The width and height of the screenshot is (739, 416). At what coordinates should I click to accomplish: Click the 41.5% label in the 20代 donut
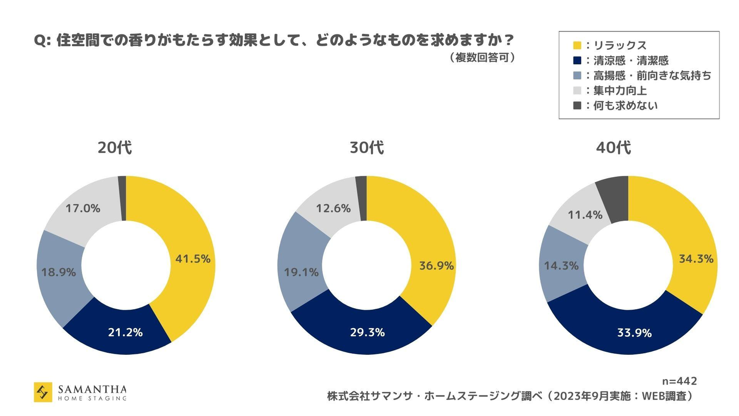pos(193,259)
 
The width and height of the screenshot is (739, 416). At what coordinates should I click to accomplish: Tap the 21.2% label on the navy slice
pos(125,332)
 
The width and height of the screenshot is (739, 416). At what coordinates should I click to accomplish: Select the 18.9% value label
pos(59,272)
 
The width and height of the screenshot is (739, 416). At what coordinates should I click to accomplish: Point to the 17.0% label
pos(83,208)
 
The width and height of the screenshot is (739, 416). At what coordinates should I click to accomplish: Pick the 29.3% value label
pos(367,332)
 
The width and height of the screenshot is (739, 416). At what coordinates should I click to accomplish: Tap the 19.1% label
pos(301,272)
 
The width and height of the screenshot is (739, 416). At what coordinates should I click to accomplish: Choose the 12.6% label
pos(334,208)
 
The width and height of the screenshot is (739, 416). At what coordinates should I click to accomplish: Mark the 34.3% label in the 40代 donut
pos(696,259)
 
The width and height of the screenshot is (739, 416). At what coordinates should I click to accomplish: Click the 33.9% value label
pos(634,333)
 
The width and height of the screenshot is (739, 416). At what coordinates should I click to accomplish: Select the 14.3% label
pos(561,266)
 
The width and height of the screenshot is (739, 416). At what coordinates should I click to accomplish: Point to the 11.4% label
pos(585,215)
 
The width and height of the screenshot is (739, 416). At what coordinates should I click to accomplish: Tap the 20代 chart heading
pos(115,148)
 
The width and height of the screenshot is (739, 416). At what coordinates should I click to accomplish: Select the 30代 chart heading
pos(366,148)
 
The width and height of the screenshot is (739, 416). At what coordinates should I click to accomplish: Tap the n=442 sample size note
pos(679,381)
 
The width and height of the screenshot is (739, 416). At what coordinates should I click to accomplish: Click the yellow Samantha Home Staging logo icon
pos(43,392)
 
